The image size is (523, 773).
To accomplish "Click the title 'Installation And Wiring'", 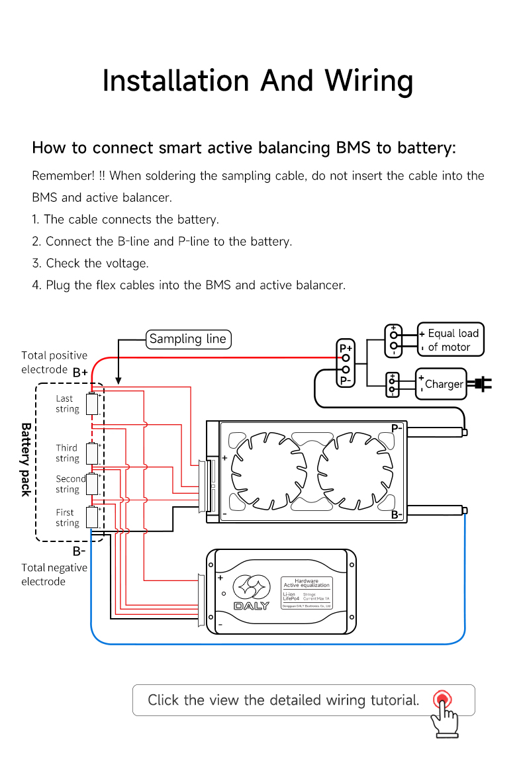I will [x=258, y=81].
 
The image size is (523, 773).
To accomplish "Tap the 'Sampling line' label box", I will [x=188, y=339].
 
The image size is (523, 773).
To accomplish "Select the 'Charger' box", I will [x=441, y=384].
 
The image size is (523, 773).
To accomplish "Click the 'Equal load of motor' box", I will [x=450, y=340].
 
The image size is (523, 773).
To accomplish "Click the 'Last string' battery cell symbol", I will [x=91, y=404].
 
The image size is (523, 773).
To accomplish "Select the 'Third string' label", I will [x=67, y=453].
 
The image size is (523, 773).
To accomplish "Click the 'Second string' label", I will [x=70, y=484].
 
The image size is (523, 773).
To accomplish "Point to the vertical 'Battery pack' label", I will [x=26, y=459].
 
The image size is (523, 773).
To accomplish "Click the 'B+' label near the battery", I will [x=80, y=373].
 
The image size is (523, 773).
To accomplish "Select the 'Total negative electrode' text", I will [x=54, y=574].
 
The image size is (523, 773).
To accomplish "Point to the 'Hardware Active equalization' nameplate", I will [x=307, y=592].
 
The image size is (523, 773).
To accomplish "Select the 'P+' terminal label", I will [x=346, y=347].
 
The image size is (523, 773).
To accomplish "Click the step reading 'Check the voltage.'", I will [x=90, y=263].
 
